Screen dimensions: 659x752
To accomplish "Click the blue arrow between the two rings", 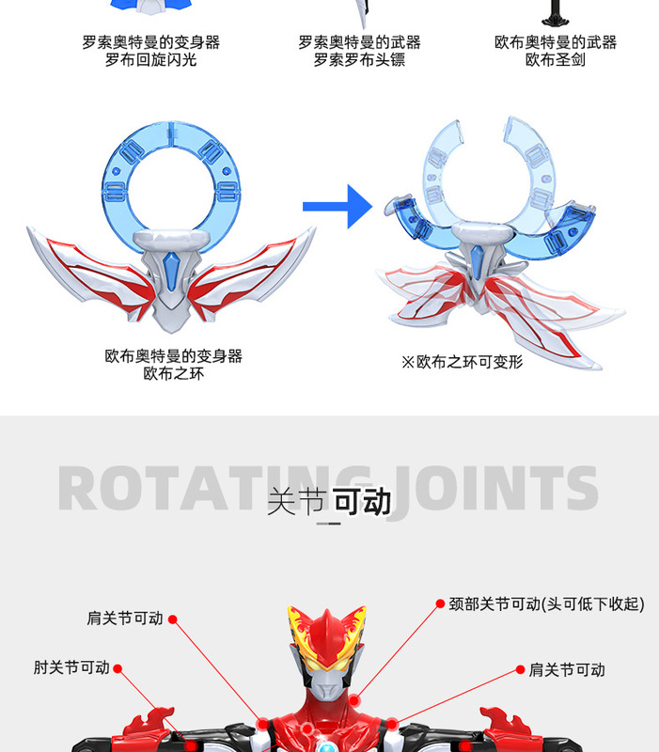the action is click(337, 206).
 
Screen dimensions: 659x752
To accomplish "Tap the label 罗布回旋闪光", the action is click(151, 60).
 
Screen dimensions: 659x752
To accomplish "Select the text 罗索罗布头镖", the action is click(360, 60).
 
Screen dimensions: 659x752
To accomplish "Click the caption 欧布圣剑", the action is click(556, 60).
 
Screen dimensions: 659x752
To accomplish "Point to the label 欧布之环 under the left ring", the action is click(174, 373).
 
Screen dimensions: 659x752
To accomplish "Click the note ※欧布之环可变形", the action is click(462, 361).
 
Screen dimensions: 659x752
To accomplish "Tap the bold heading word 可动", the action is click(363, 502).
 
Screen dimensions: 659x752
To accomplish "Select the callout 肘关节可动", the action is click(71, 667).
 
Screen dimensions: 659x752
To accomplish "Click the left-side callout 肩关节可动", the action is click(125, 619).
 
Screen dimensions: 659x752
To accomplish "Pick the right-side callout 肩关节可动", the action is click(567, 670).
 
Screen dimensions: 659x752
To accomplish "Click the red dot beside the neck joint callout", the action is click(439, 603).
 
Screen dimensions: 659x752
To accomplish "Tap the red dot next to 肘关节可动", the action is click(118, 668).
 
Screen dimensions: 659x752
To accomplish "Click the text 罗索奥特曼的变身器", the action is click(151, 43).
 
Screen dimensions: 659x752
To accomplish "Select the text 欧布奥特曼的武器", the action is click(556, 43).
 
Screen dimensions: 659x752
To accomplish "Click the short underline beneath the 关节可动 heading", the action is click(329, 524).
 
